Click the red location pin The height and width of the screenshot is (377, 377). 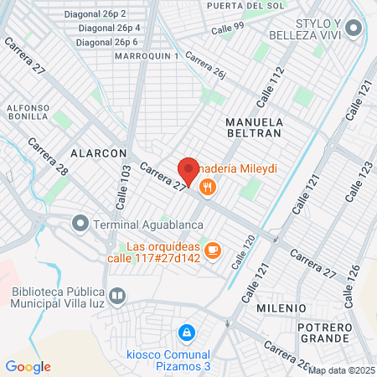(x=188, y=171)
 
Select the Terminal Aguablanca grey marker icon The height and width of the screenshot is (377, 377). (x=80, y=224)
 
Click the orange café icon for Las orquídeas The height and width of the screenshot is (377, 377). (x=213, y=250)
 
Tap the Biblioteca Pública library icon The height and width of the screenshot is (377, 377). (x=118, y=296)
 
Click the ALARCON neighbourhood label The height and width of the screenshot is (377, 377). (x=98, y=154)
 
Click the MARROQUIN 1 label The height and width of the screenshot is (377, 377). (x=152, y=55)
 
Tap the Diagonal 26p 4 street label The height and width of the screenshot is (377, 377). (x=108, y=28)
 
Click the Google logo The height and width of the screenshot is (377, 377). (x=28, y=366)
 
